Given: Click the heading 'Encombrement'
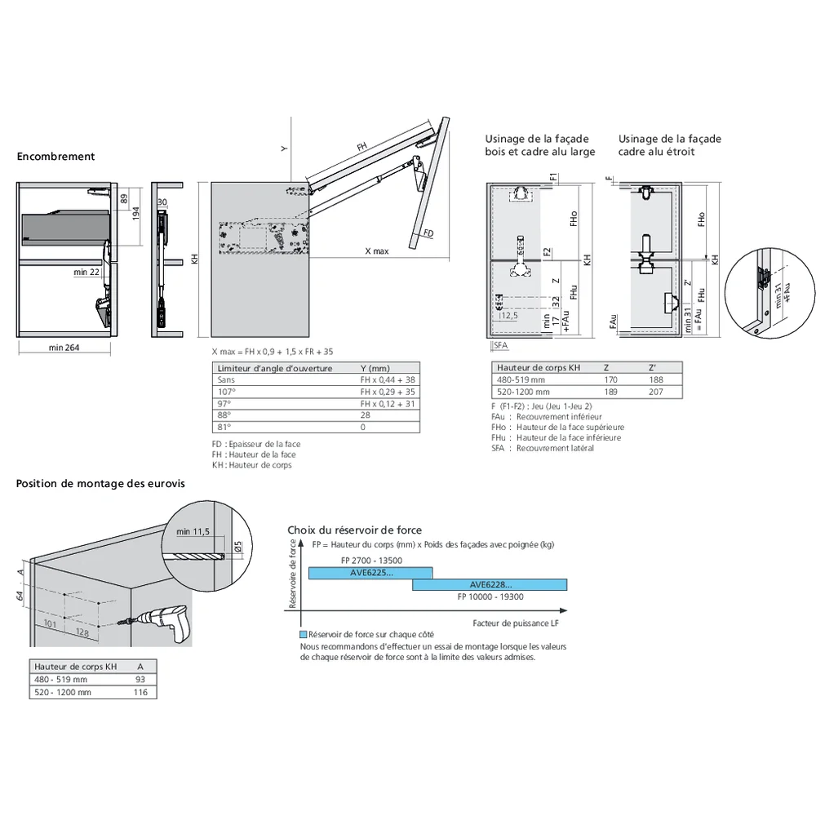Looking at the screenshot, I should pos(55,157).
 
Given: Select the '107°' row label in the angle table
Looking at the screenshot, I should pos(225,392).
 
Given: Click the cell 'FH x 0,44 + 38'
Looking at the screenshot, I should pos(388,380).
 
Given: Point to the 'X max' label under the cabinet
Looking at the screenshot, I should pos(376,251).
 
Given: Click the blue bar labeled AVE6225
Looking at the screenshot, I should pos(370,573).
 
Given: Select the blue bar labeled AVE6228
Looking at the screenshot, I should pos(490,584).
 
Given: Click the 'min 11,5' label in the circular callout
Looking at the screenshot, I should pos(193,532).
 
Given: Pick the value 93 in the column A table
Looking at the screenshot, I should pos(140,680).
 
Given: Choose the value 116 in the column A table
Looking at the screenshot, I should pos(140,692).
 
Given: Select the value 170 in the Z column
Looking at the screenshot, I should pos(610,380).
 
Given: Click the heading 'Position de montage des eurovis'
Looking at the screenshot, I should pos(100,483).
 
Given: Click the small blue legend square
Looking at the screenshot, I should pos(304,635).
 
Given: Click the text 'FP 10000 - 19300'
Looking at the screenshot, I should pos(490,596).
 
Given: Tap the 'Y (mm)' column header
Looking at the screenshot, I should pos(375,368).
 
